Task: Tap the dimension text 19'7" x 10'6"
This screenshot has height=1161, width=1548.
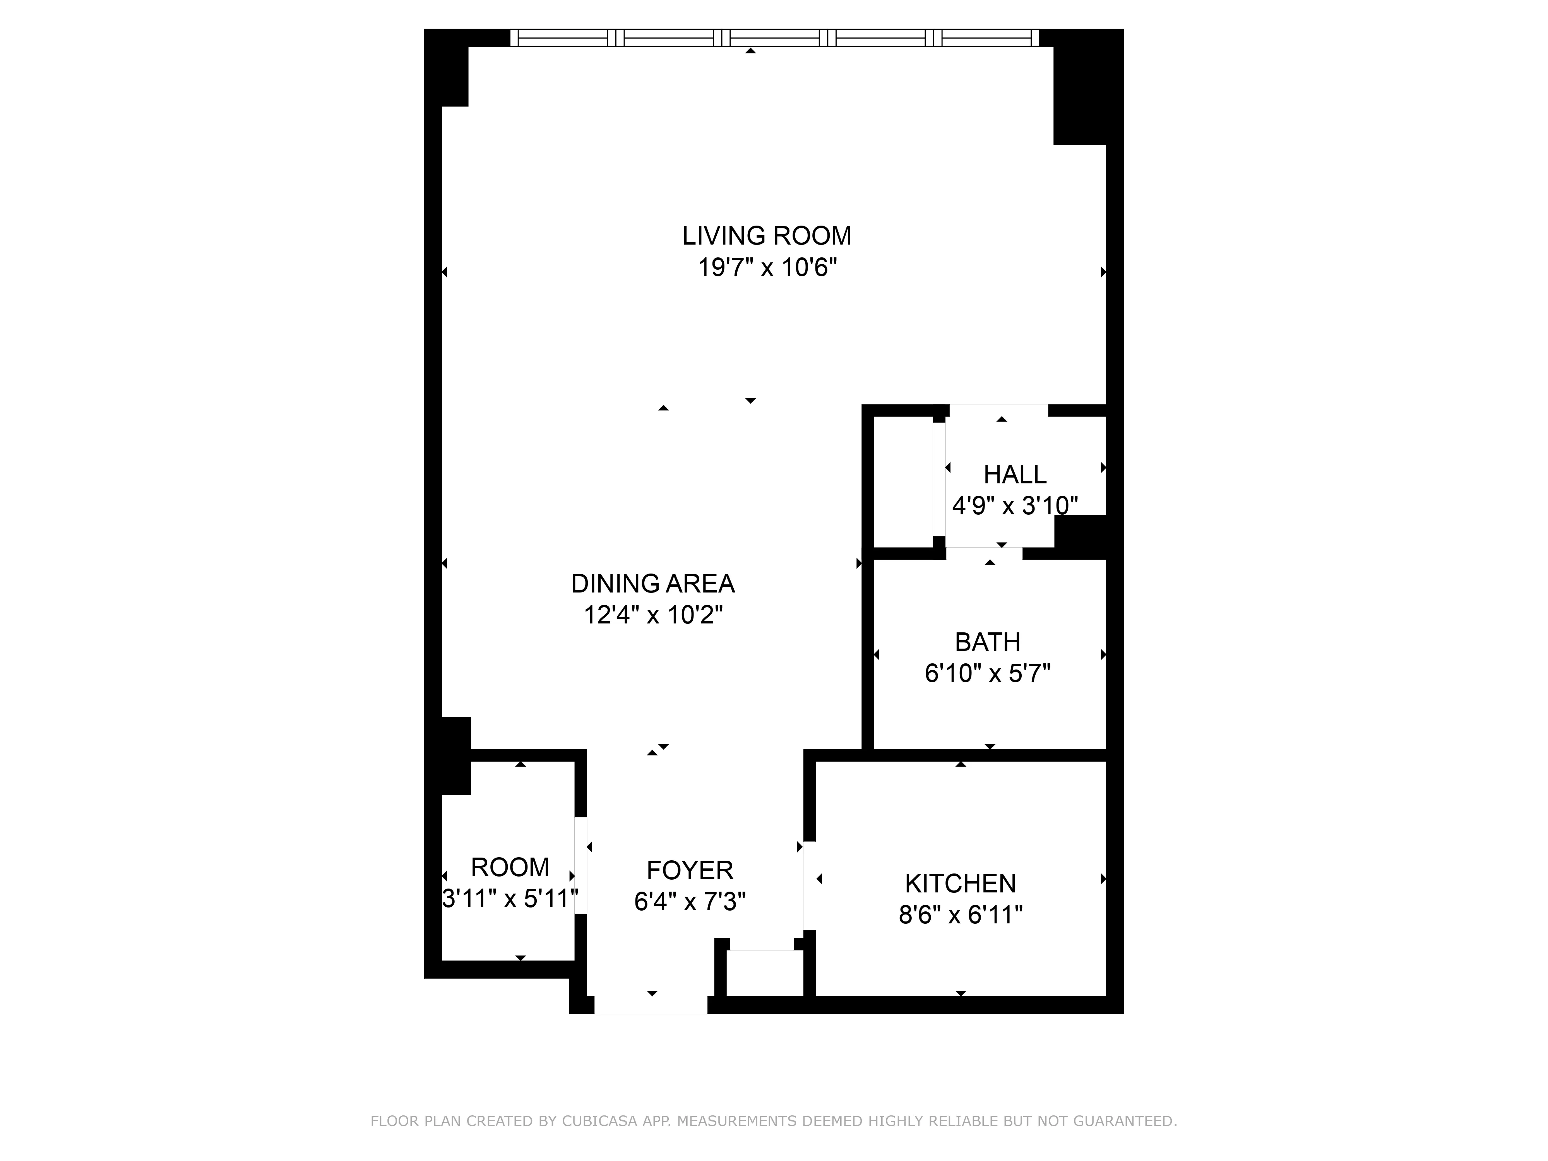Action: click(767, 267)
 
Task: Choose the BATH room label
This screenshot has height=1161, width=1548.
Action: click(988, 642)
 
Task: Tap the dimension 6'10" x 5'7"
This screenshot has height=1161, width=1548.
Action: click(988, 673)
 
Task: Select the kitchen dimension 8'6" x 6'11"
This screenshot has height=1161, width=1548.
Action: click(960, 914)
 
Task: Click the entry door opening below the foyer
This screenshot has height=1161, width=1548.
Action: click(651, 1004)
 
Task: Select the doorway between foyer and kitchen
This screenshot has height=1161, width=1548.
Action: click(810, 885)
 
